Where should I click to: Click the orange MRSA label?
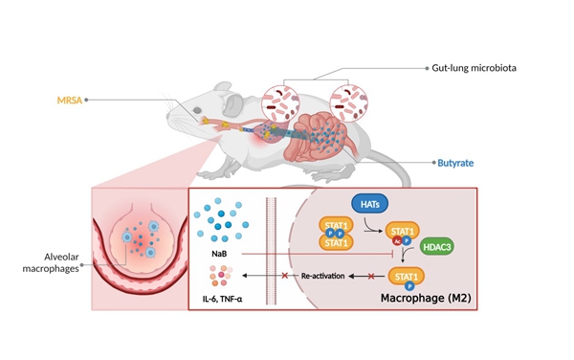(70, 100)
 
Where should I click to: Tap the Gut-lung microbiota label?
(475, 68)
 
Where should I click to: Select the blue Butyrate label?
(455, 163)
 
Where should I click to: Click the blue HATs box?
(369, 204)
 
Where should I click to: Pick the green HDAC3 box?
(437, 247)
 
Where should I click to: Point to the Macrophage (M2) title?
(426, 298)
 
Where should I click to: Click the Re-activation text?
(323, 276)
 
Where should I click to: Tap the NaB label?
(219, 254)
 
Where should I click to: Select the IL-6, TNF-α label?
(222, 299)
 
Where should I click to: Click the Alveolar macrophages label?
(51, 262)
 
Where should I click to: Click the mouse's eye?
(197, 110)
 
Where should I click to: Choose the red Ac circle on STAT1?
(398, 241)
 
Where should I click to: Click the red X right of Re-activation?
(371, 276)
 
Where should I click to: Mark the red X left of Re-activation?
(285, 276)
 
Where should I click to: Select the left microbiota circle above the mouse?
(280, 103)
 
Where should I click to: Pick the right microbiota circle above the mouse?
(349, 103)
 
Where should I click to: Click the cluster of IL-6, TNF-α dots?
(221, 275)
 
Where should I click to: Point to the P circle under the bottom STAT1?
(409, 286)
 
